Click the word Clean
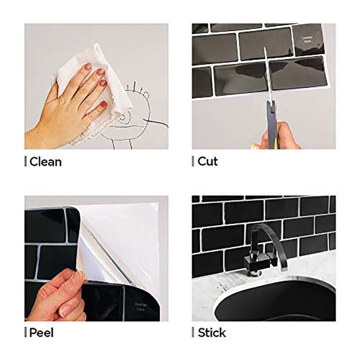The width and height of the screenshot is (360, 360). tap(45, 162)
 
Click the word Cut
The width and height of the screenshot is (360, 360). tap(208, 161)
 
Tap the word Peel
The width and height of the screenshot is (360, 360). tap(41, 333)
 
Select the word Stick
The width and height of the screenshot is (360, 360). tap(212, 333)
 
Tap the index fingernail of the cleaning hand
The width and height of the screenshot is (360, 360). tap(88, 67)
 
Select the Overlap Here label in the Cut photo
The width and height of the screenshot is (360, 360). tap(308, 39)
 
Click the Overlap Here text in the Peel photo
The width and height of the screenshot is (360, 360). tap(140, 307)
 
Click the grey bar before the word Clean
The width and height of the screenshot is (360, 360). tap(26, 162)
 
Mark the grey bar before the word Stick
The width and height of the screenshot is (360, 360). tap(193, 333)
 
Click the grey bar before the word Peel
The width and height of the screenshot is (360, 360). tap(26, 333)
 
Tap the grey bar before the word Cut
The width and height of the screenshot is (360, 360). tap(193, 161)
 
